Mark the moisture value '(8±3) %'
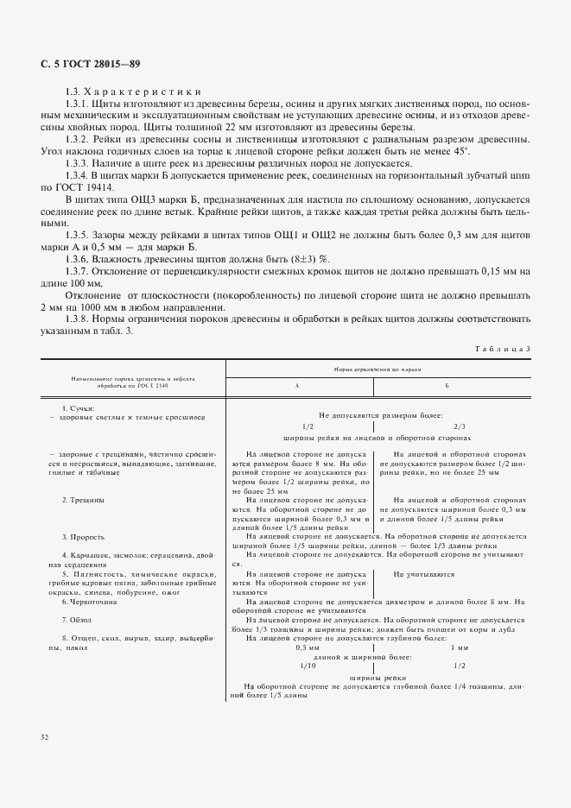pyautogui.click(x=306, y=259)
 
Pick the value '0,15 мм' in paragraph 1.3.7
pyautogui.click(x=498, y=271)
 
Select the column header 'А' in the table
pyautogui.click(x=298, y=387)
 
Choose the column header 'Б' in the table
pyautogui.click(x=447, y=387)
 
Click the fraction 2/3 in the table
pyautogui.click(x=459, y=426)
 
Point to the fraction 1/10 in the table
pyautogui.click(x=308, y=666)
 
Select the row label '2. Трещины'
pyautogui.click(x=83, y=500)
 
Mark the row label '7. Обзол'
pyautogui.click(x=78, y=620)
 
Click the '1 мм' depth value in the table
pyautogui.click(x=459, y=647)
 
